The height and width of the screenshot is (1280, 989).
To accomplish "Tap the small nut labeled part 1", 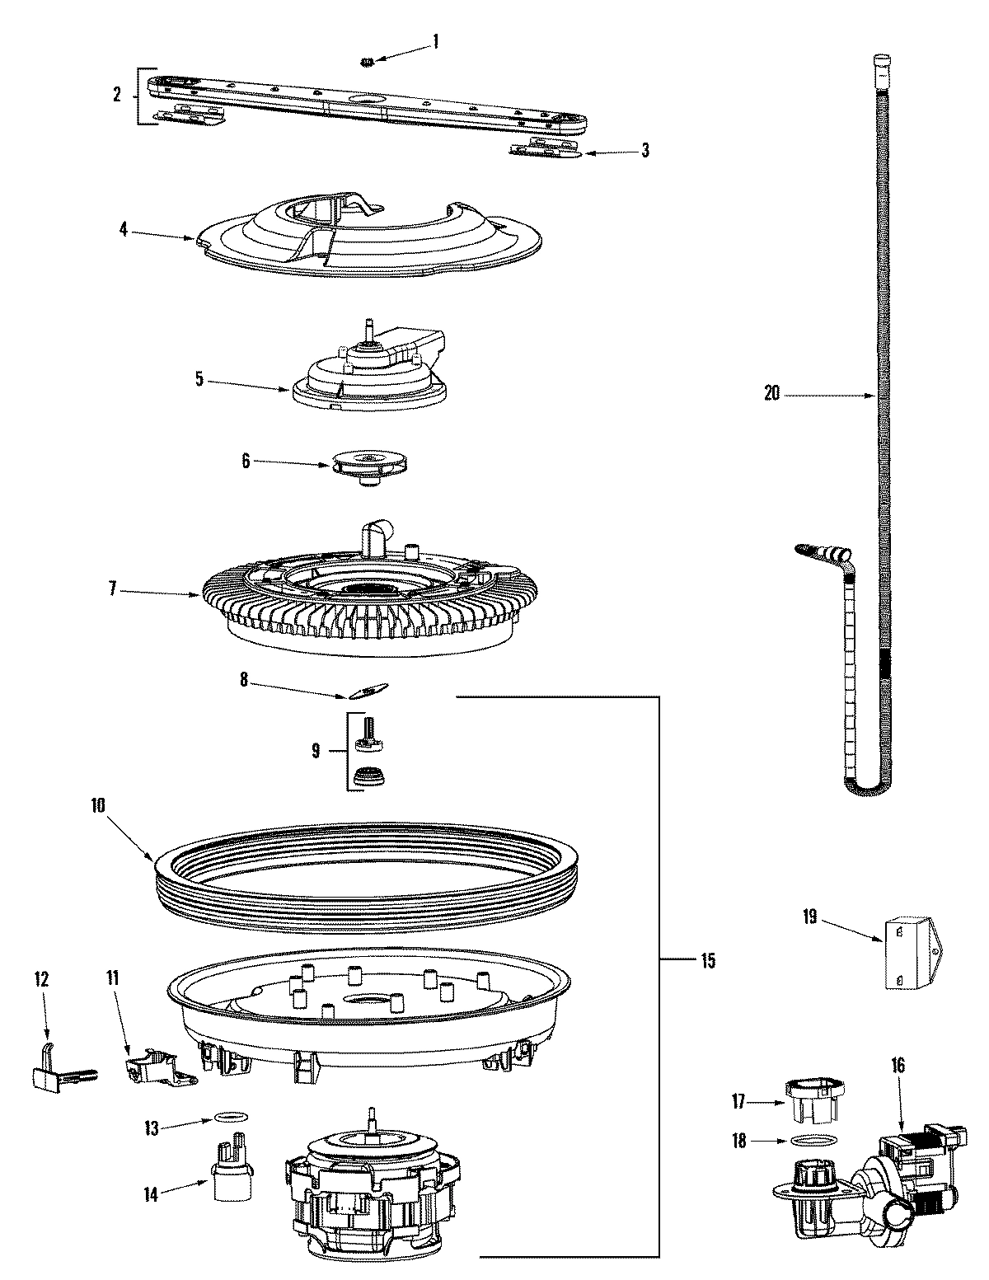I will (368, 62).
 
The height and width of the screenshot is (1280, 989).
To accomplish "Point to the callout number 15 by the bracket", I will (706, 959).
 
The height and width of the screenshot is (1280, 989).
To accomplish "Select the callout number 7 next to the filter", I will (114, 589).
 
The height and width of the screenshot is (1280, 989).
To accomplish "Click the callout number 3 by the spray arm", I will (645, 150).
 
